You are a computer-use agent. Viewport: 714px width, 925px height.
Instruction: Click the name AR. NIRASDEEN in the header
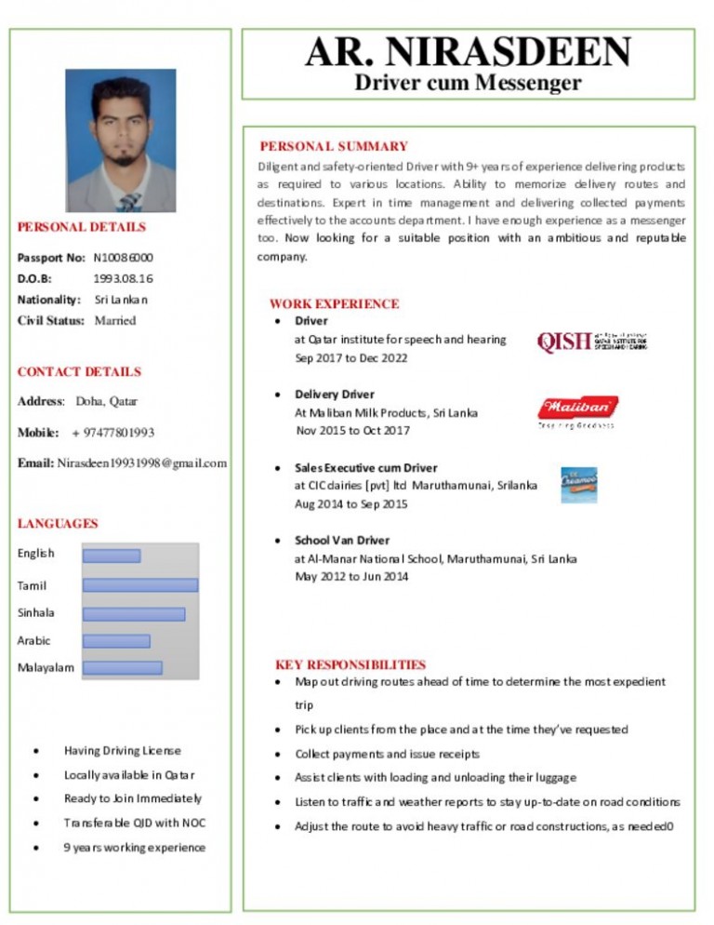[468, 52]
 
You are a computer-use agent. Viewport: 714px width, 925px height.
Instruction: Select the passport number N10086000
[124, 257]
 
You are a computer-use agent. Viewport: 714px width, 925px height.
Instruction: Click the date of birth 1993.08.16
[124, 278]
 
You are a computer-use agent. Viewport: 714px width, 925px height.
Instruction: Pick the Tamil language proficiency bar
[140, 584]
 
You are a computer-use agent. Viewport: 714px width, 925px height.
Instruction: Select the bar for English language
[112, 556]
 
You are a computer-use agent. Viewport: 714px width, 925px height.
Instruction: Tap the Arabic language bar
[116, 640]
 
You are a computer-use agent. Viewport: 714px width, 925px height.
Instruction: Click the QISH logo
[591, 342]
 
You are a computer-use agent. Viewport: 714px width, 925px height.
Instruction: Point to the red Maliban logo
[577, 408]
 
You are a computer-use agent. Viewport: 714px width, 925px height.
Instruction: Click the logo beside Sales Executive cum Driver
[578, 485]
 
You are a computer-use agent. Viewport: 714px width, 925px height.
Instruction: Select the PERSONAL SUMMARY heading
[333, 146]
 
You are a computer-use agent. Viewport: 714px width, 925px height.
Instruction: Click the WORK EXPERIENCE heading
[334, 303]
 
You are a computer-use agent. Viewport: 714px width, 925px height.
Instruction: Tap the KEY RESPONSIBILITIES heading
[350, 664]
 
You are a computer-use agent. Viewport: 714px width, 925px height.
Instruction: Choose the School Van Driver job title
[342, 540]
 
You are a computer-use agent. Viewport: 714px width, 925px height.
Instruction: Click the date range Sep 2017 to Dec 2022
[351, 357]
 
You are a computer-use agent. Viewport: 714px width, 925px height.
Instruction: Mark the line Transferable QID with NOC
[135, 822]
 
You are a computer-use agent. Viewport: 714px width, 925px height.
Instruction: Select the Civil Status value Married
[115, 321]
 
